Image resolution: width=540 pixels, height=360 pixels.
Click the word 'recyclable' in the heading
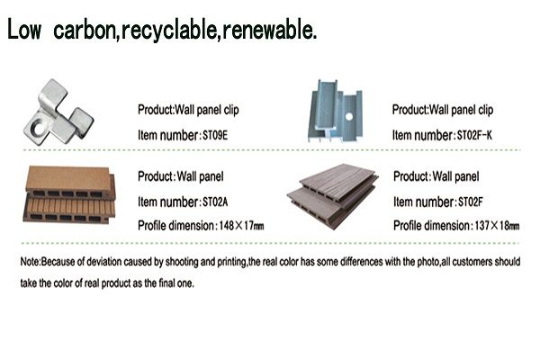point(169,31)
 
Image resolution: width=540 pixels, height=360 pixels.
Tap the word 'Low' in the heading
point(23,30)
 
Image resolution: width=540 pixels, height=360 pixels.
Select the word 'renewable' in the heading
point(268,30)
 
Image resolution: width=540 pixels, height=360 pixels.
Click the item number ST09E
point(215,135)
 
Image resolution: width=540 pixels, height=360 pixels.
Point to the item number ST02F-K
point(474,135)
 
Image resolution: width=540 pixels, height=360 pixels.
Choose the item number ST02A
point(215,202)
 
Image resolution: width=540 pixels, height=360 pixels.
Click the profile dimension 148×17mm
point(241,226)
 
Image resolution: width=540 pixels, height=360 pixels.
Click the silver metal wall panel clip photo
point(58,112)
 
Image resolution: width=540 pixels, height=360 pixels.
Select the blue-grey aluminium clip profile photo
point(335,111)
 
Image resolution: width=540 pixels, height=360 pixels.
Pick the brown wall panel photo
point(69,194)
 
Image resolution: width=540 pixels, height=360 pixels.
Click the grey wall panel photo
point(332,195)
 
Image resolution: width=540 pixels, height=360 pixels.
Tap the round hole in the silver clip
point(38,128)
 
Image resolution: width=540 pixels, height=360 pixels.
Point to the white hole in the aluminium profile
point(349,116)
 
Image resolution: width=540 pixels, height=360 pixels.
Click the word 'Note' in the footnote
point(30,262)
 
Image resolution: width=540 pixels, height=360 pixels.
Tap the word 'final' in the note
point(166,283)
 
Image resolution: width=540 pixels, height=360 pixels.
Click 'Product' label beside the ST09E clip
point(155,110)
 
